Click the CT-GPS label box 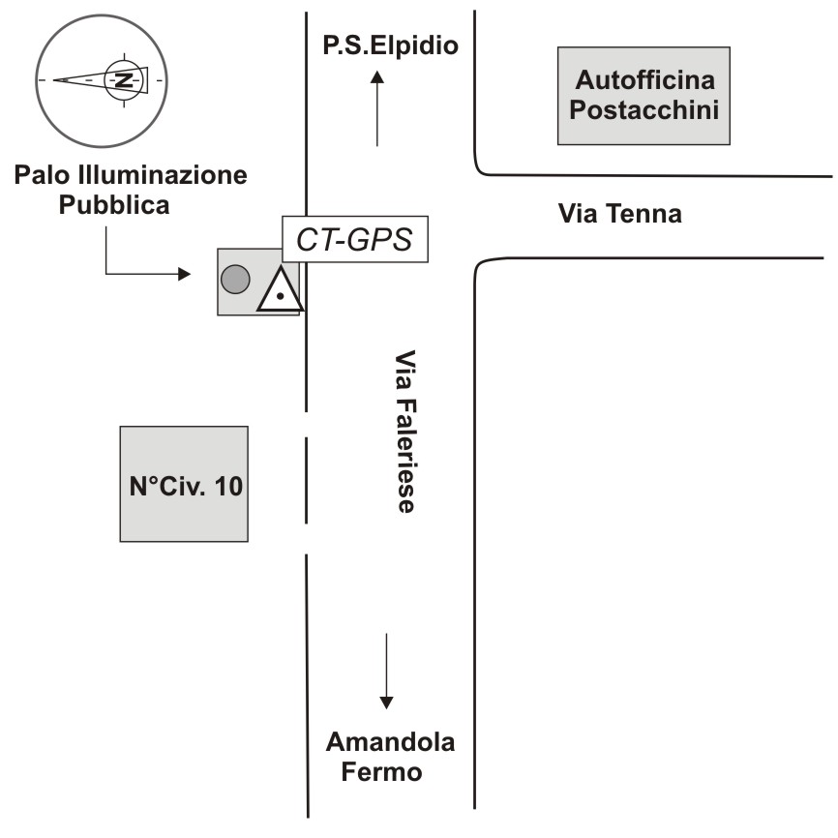354,239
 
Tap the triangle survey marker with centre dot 280,291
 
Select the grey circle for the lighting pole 235,281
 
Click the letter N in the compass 123,79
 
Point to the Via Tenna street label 620,214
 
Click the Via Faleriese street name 404,431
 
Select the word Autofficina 643,78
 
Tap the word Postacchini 643,108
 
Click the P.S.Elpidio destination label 389,45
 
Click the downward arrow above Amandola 386,673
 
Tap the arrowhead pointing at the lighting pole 184,275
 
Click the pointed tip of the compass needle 54,80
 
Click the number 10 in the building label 228,485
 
